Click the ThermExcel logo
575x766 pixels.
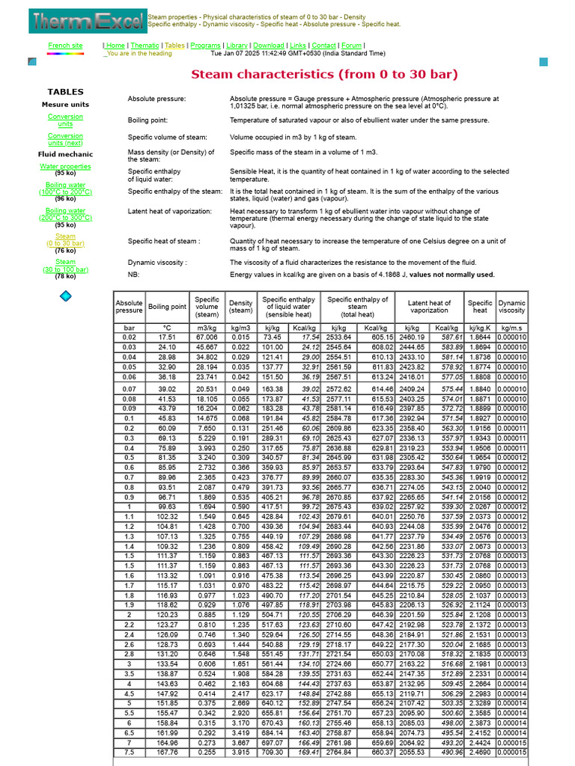pos(87,21)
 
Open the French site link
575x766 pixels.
pos(65,46)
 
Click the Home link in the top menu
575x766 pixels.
pos(115,46)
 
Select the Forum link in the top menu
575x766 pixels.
pos(351,46)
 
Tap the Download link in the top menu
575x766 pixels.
pos(268,46)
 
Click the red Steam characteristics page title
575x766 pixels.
pos(324,74)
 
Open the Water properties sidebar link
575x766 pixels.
pos(65,166)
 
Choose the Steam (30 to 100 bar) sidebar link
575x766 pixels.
pos(65,266)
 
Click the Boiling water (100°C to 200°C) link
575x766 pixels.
pos(65,188)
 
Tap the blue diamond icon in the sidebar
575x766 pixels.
pos(65,296)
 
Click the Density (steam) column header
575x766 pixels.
pos(240,306)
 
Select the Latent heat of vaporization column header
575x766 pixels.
pos(429,306)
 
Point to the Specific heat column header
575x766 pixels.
pos(480,306)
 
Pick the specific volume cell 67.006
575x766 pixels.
pos(206,337)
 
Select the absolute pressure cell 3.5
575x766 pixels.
pos(129,673)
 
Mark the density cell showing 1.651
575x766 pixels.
pos(240,664)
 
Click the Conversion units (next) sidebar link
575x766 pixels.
pos(65,139)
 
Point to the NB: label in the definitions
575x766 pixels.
pos(134,275)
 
